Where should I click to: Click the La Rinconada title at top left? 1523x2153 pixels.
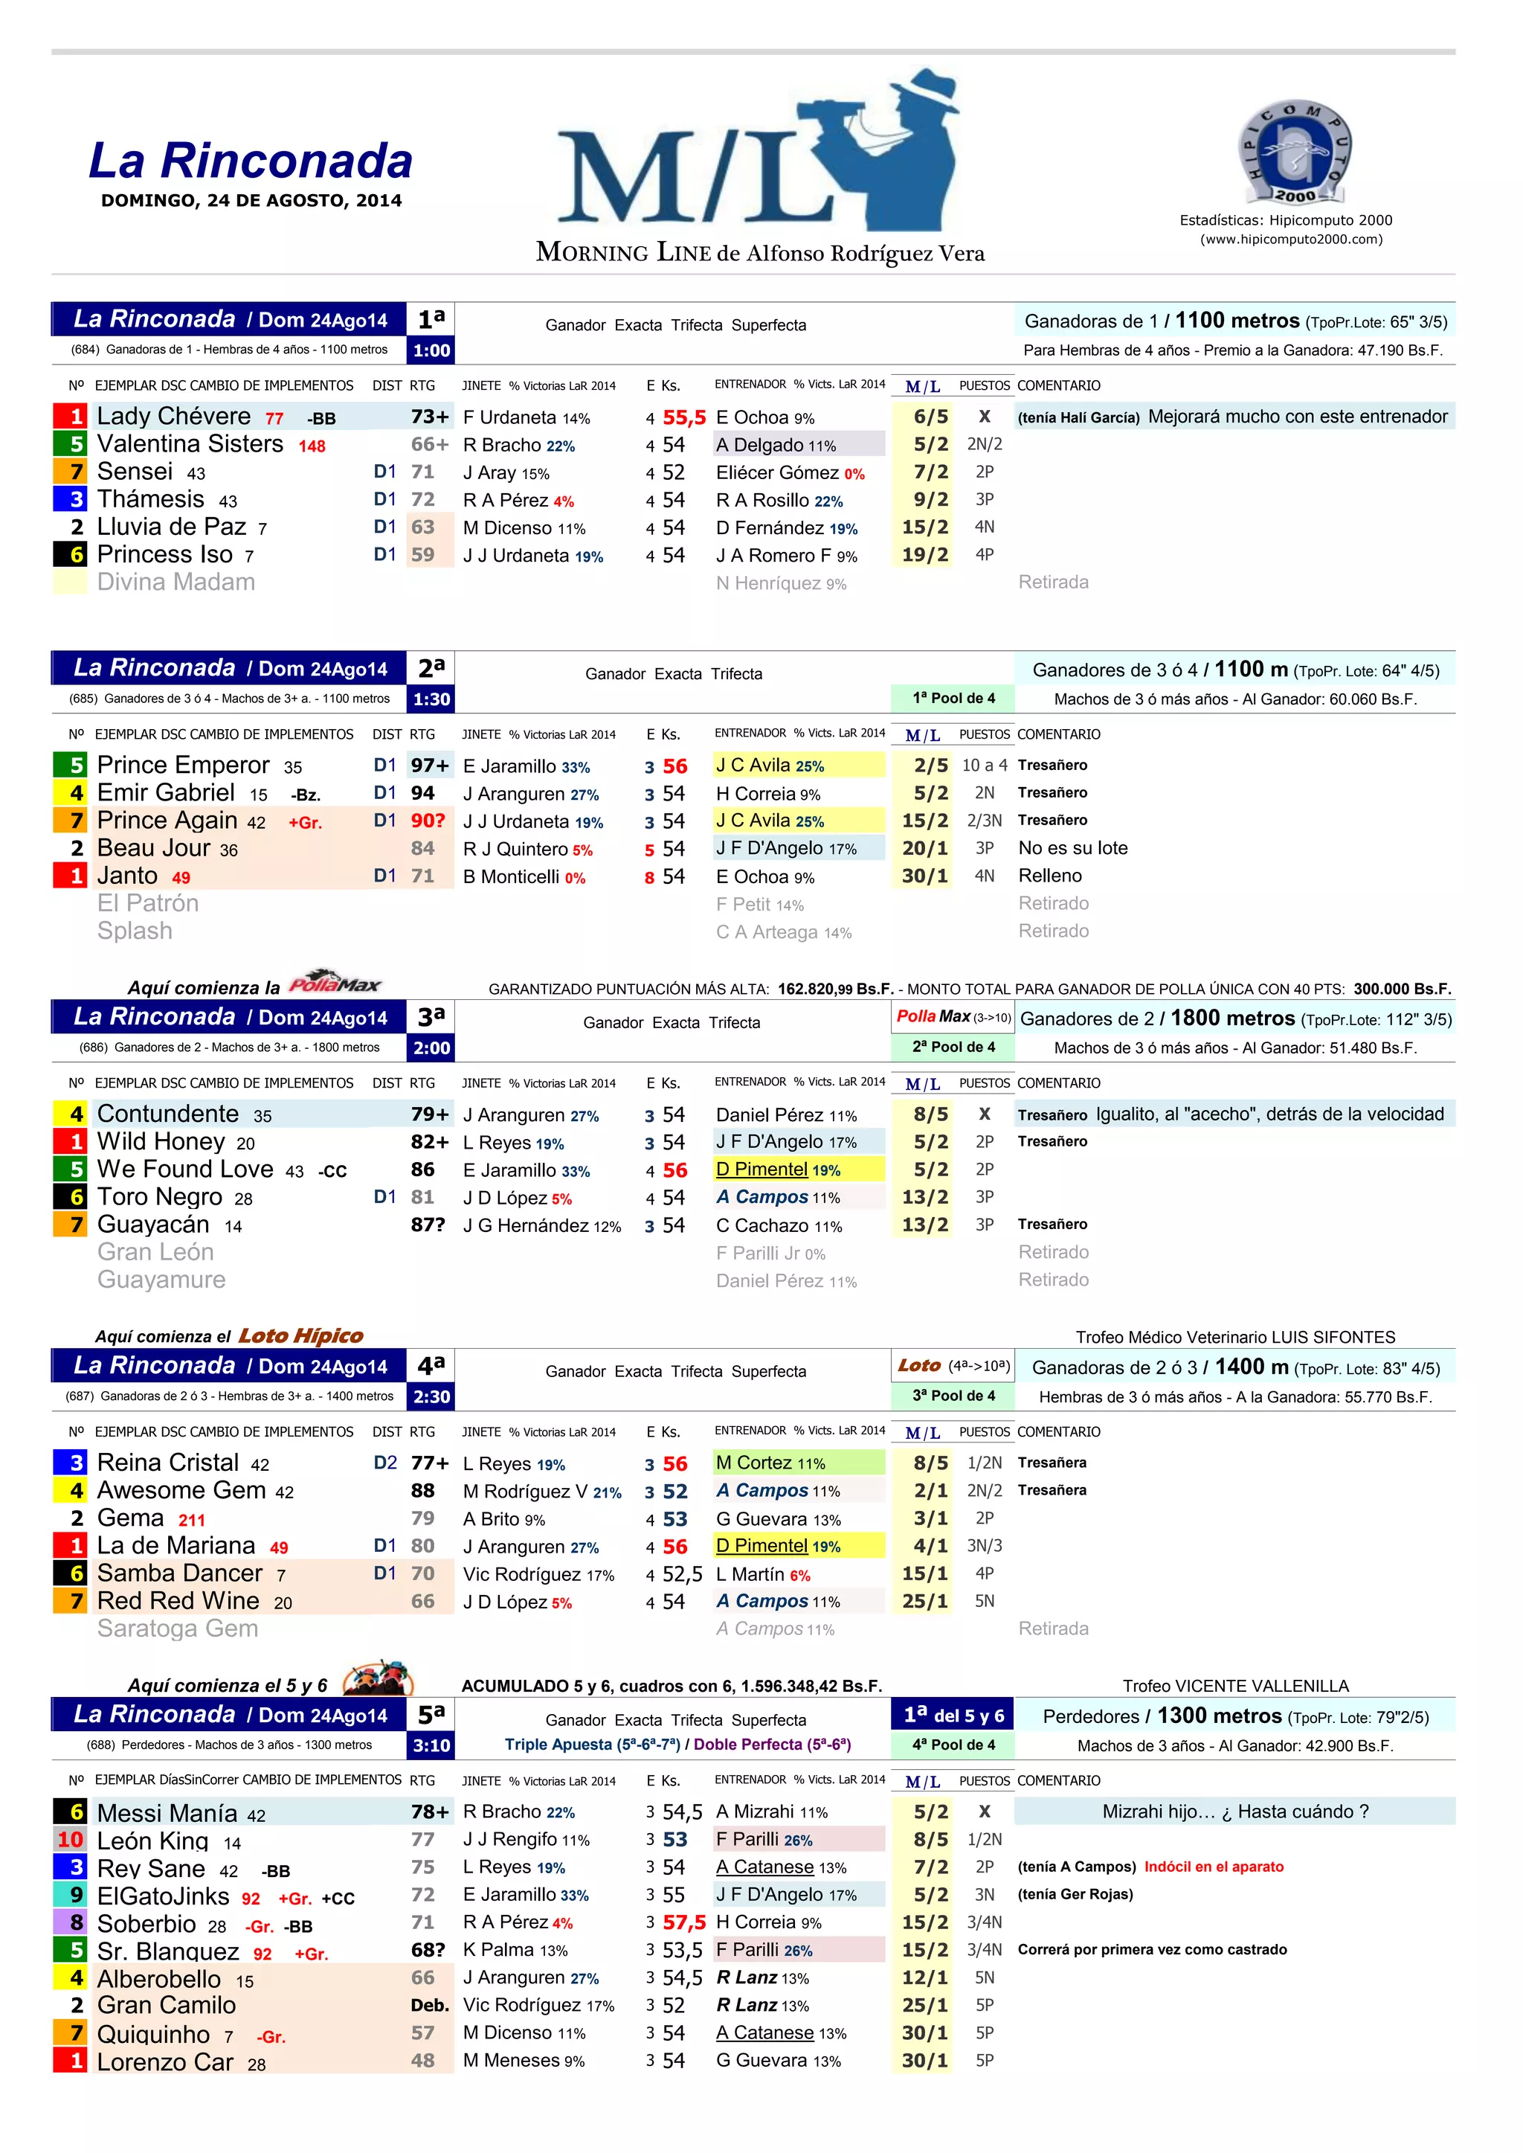pos(251,161)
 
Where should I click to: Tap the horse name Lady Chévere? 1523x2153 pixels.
pos(175,417)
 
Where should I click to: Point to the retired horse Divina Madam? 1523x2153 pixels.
pos(176,583)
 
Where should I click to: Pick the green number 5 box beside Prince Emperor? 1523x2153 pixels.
pos(71,766)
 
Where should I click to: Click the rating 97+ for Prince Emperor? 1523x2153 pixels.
pos(430,766)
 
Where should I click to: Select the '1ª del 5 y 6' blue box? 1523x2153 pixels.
pos(953,1716)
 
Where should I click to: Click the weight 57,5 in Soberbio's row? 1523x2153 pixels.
pos(683,1923)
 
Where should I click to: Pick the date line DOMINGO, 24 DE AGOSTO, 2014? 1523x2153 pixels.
pos(251,201)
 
